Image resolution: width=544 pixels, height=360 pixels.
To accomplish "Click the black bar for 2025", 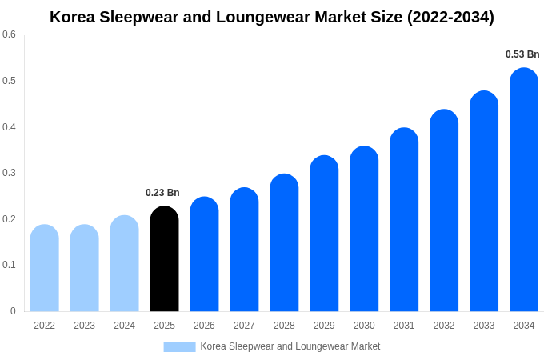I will (x=164, y=259).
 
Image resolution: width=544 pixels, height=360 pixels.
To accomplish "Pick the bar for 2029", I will (x=324, y=234).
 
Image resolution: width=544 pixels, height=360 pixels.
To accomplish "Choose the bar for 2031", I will (x=404, y=220).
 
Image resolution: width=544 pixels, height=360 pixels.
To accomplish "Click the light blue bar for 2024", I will (x=124, y=264).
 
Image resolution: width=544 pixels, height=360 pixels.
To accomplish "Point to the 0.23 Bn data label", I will (x=162, y=193).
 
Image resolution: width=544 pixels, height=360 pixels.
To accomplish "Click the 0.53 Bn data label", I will (x=522, y=54).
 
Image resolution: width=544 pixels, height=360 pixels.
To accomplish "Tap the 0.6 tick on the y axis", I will (x=9, y=34).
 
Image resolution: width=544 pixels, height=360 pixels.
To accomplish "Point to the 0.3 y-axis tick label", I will (x=9, y=173).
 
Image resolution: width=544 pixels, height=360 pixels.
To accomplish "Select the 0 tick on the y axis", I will (x=13, y=311).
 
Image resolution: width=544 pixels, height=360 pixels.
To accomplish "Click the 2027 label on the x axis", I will (x=244, y=326).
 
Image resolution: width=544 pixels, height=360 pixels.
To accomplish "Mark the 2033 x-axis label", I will (x=484, y=326).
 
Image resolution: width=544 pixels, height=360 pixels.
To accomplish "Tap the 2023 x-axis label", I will (x=84, y=326).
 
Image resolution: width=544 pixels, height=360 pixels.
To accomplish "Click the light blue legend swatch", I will (x=179, y=347).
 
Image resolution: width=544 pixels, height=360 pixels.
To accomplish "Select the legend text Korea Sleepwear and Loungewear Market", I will (x=290, y=346).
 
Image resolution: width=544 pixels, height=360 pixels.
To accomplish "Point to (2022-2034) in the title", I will (x=450, y=17).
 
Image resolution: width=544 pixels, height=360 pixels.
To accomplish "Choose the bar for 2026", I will (x=204, y=254).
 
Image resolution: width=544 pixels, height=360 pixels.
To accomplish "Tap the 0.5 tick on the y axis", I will (x=9, y=81).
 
